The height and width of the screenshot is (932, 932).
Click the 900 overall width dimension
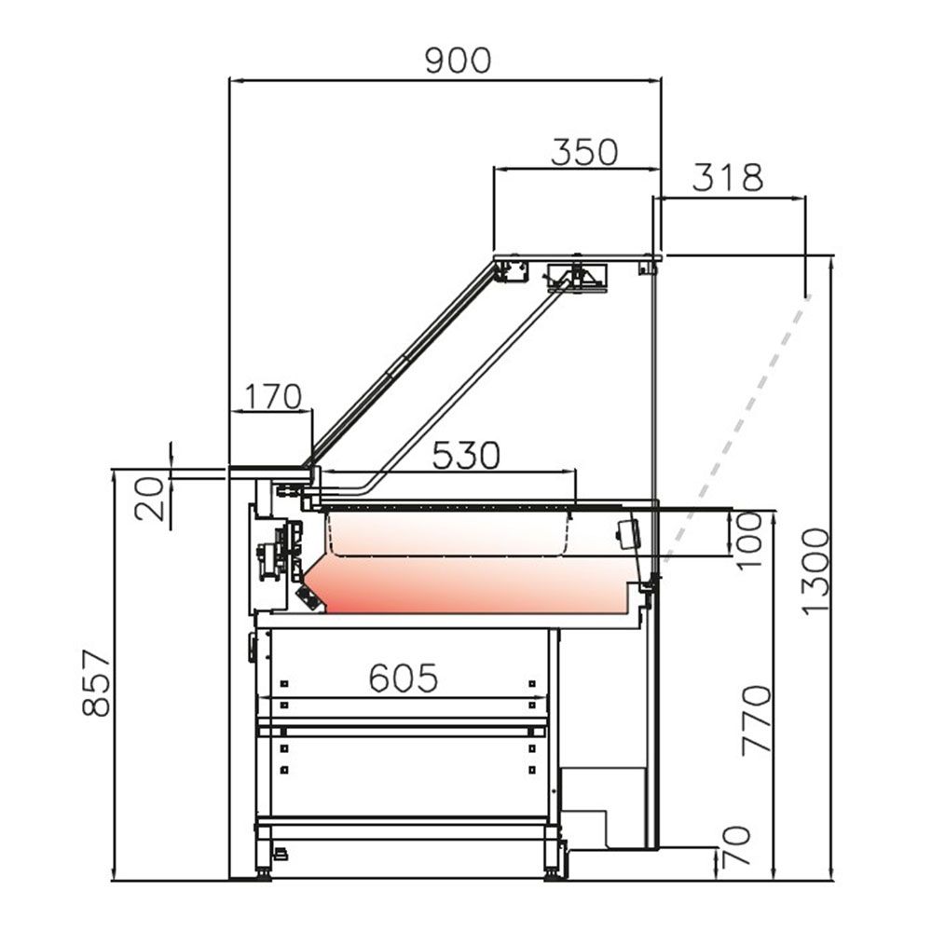(x=457, y=61)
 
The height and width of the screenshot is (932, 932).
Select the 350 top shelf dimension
(x=584, y=152)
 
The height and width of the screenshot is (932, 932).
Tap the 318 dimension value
(x=728, y=177)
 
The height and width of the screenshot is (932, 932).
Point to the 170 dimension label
(x=272, y=397)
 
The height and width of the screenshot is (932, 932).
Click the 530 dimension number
(x=467, y=456)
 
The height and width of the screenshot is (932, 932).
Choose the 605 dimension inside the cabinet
(x=404, y=678)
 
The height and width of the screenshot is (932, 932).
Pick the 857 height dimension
(x=96, y=683)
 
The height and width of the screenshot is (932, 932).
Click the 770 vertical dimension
(x=757, y=720)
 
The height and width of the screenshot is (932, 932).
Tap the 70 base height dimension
(x=736, y=846)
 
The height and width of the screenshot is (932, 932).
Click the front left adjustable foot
(x=264, y=872)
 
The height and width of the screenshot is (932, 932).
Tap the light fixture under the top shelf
(x=578, y=278)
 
